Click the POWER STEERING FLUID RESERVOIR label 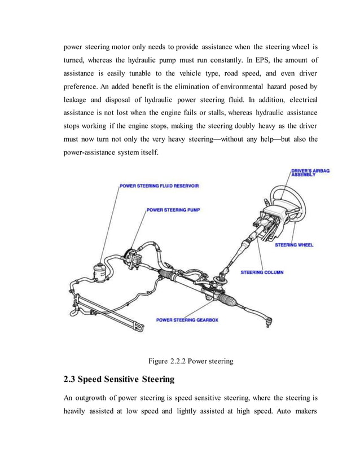[159, 186]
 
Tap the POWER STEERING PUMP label [173, 209]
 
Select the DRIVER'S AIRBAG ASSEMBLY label [310, 172]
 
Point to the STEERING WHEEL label [294, 245]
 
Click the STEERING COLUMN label [262, 272]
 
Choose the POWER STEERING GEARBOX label [187, 320]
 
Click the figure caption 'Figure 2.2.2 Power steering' [190, 361]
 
